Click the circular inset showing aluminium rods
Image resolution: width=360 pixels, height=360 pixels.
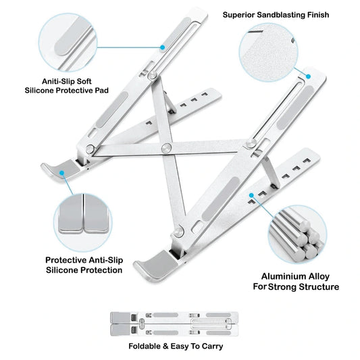298,234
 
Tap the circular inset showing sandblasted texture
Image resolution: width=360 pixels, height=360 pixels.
268,53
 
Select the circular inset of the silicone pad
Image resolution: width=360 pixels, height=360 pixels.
68,43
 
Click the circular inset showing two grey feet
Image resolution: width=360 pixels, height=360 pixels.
83,222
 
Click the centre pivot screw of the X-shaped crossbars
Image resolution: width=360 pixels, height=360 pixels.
166,148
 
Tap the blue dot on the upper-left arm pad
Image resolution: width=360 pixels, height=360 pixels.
163,47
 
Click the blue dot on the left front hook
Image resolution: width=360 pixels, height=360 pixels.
61,173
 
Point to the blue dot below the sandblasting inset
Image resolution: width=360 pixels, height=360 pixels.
309,76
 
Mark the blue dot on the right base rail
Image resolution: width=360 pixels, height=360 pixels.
251,195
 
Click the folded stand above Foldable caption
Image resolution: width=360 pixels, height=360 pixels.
174,324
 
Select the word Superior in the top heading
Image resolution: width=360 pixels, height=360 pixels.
239,15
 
